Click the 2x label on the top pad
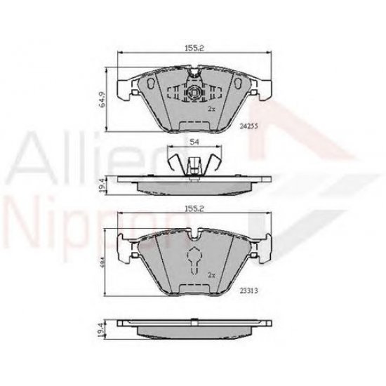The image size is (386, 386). tap(210, 109)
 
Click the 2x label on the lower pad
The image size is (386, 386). tap(211, 277)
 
